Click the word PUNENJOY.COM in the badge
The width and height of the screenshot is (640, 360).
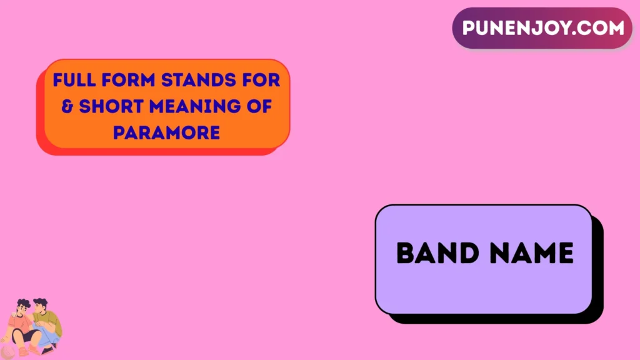pos(542,28)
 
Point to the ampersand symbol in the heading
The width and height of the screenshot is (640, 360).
pos(67,107)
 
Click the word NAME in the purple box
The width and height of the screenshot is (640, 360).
pos(532,253)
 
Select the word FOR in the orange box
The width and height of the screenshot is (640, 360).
pos(265,81)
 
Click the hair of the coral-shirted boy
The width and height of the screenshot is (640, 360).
pos(23,304)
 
